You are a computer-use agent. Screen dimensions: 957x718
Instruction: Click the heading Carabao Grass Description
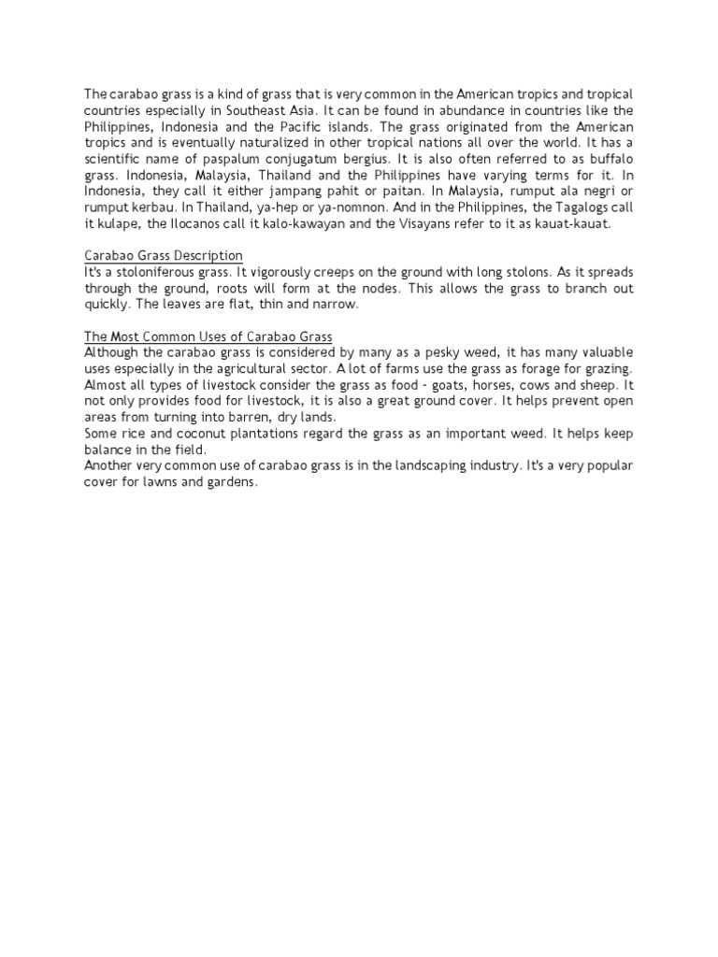(x=164, y=255)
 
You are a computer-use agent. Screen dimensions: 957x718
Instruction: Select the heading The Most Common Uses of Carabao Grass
(x=208, y=336)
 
